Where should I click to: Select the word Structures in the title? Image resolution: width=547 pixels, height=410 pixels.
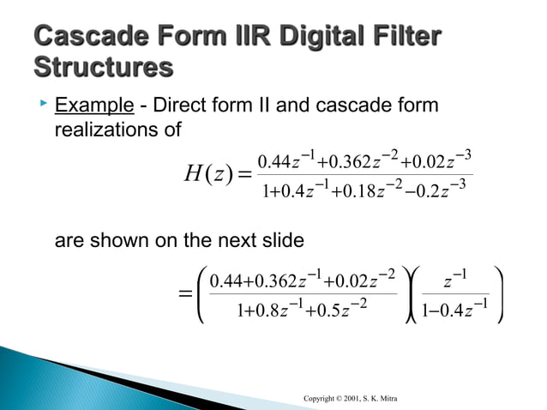click(x=101, y=66)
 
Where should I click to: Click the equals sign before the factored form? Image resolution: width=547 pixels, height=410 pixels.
click(x=183, y=294)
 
